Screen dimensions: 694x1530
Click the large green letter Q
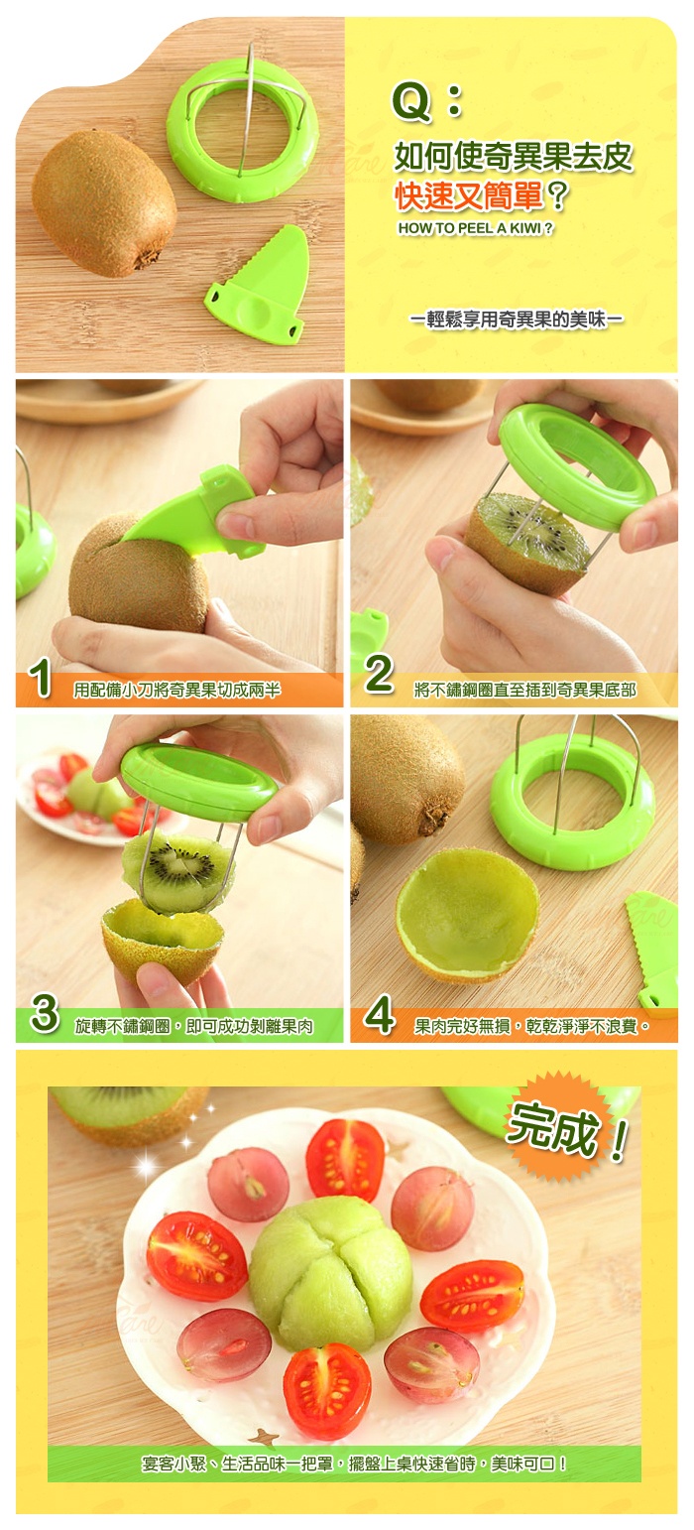(410, 102)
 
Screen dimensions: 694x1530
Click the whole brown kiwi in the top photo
(104, 202)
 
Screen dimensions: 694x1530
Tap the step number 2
(379, 674)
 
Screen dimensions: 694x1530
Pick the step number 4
(380, 1014)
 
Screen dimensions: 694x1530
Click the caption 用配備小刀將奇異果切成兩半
(177, 690)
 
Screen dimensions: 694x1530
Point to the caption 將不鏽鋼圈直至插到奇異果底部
(524, 690)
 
